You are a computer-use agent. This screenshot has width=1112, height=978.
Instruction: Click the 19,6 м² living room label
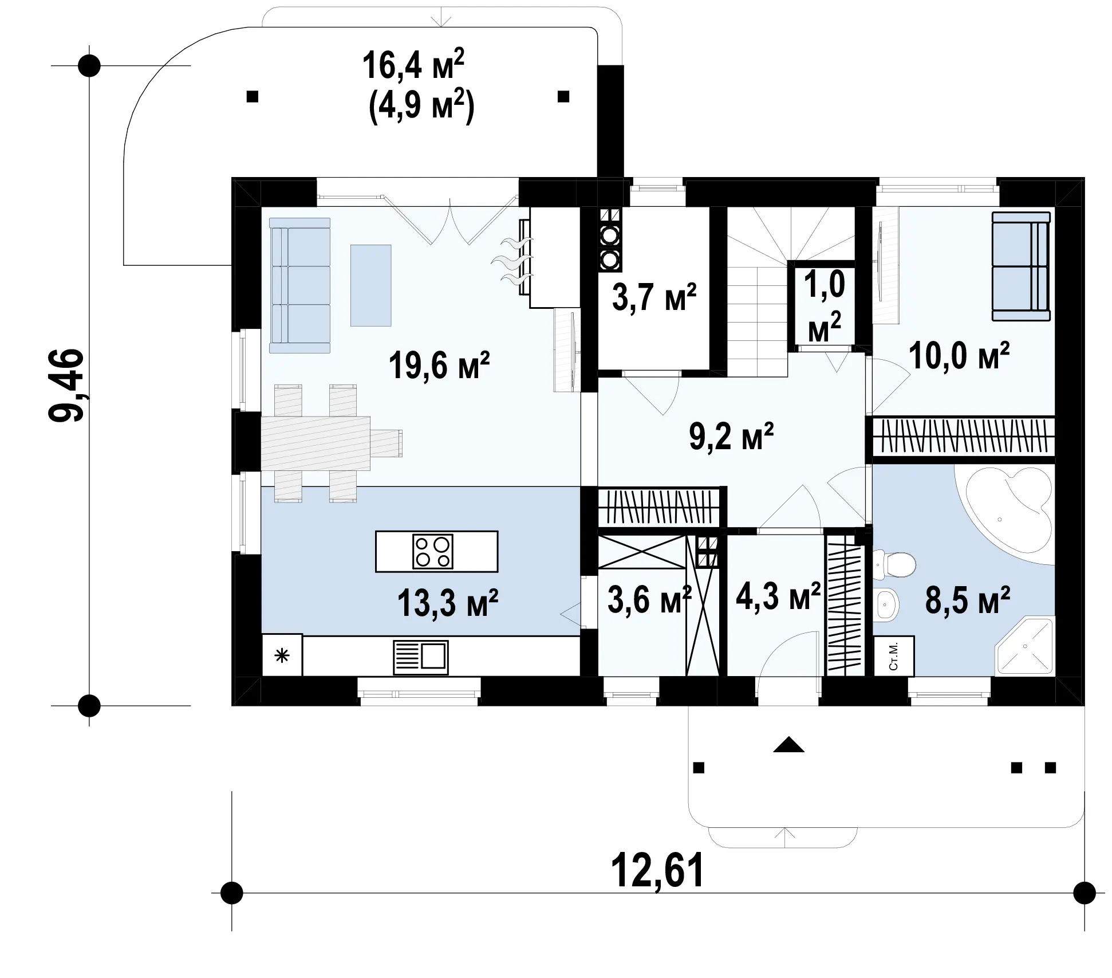(439, 366)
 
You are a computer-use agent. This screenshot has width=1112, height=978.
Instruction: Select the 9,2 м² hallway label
(731, 437)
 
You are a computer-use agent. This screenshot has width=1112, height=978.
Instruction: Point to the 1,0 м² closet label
(824, 307)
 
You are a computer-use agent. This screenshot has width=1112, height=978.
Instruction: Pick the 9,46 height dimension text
(66, 385)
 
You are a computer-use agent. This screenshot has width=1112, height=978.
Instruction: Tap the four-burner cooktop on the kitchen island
(432, 552)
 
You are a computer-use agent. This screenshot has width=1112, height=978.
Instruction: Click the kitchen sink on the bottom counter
(421, 657)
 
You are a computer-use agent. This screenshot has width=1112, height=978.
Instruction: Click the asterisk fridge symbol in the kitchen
(282, 655)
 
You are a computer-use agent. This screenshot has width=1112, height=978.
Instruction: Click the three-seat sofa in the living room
(299, 285)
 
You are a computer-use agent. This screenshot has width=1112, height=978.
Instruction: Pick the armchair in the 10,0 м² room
(1021, 266)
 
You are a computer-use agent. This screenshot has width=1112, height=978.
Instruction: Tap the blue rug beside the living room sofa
(371, 285)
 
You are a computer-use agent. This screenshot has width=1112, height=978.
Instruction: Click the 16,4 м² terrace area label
(413, 65)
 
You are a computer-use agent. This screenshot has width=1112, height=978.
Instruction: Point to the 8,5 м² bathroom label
(968, 600)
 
